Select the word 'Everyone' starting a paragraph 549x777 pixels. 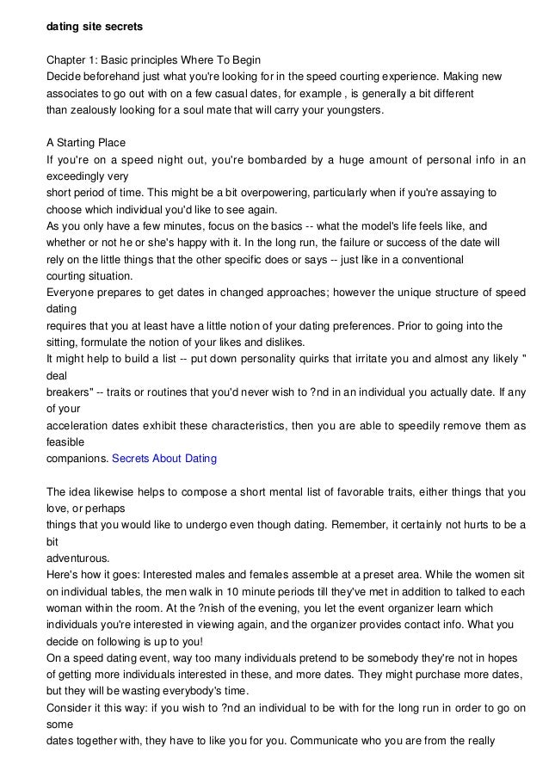tap(72, 292)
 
